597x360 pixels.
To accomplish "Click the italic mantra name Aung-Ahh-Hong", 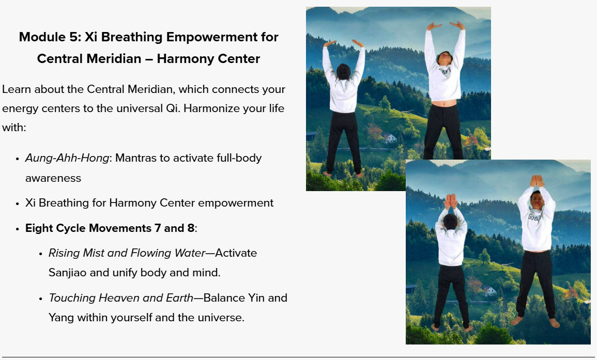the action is tap(67, 158).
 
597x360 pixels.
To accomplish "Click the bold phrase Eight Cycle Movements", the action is tap(88, 228).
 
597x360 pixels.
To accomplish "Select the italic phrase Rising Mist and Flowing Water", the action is tap(127, 253).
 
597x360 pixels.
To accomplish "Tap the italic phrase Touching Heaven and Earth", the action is tap(121, 298).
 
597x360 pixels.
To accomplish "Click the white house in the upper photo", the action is tap(389, 137).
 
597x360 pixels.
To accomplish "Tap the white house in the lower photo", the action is tap(489, 291).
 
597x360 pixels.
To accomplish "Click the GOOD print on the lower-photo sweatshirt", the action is tap(534, 217).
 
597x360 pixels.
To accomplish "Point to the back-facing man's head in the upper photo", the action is tap(343, 72).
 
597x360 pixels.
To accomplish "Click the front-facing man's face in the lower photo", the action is tap(537, 200).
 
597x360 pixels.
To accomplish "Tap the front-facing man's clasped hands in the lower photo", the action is tap(537, 181).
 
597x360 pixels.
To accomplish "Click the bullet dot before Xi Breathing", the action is tap(17, 204).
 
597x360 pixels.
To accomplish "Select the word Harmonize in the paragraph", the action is tap(212, 108).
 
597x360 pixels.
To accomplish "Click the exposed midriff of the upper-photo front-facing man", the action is tap(444, 103).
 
